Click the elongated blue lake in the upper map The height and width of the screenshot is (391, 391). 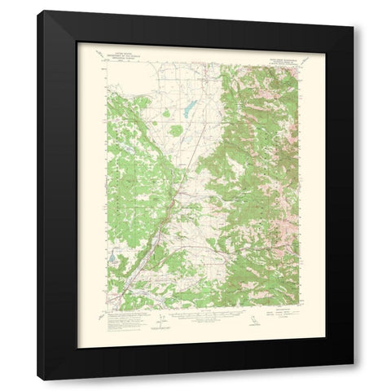coord(188,108)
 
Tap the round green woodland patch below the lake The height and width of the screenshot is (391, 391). coord(176,130)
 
